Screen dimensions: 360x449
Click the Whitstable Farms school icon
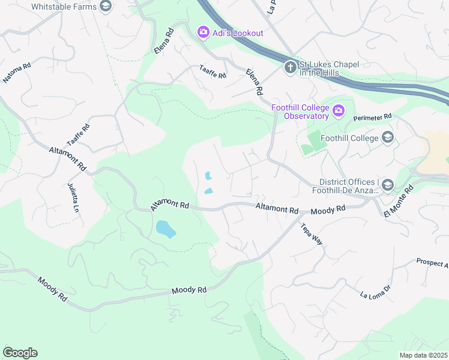pyautogui.click(x=106, y=6)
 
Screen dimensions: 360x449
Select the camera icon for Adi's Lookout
pyautogui.click(x=203, y=32)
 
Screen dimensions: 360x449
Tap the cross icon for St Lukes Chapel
pyautogui.click(x=291, y=67)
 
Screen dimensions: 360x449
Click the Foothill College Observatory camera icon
pyautogui.click(x=339, y=110)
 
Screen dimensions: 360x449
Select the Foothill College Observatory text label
pyautogui.click(x=300, y=112)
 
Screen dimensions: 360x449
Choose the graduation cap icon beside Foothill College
pyautogui.click(x=387, y=138)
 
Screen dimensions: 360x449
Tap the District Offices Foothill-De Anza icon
pyautogui.click(x=387, y=185)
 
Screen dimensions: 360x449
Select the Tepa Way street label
pyautogui.click(x=313, y=232)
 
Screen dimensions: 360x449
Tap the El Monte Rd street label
pyautogui.click(x=399, y=200)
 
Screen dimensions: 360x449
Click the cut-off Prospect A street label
pyautogui.click(x=432, y=263)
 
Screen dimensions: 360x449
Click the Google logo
pyautogui.click(x=20, y=352)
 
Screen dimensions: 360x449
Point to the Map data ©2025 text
pyautogui.click(x=424, y=355)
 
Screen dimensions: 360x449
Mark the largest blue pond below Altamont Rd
pyautogui.click(x=165, y=229)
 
